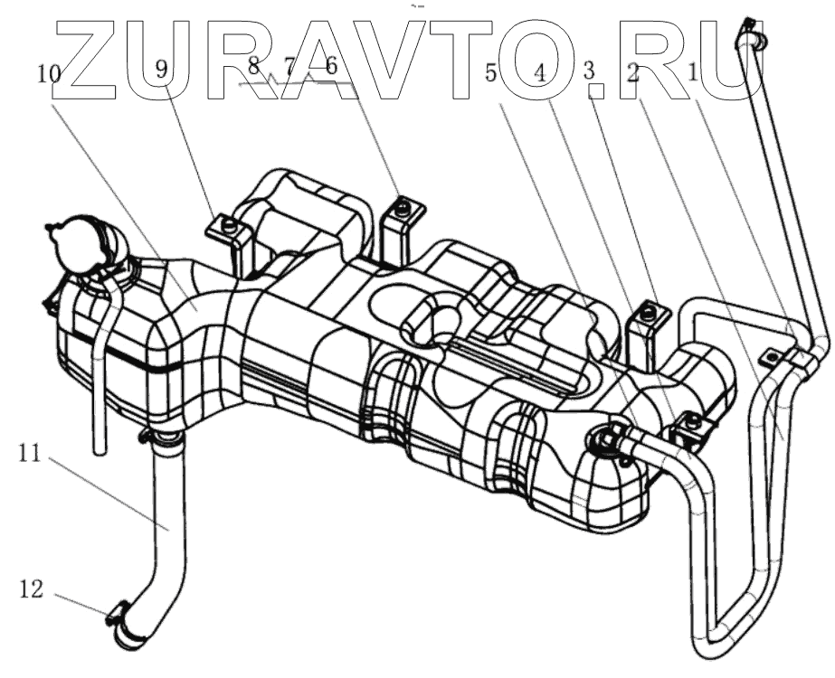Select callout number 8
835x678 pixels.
[253, 65]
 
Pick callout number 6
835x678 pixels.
[330, 65]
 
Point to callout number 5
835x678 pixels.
[491, 73]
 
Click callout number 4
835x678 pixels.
[540, 73]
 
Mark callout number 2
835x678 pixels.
[634, 73]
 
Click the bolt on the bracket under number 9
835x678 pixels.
[230, 224]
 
